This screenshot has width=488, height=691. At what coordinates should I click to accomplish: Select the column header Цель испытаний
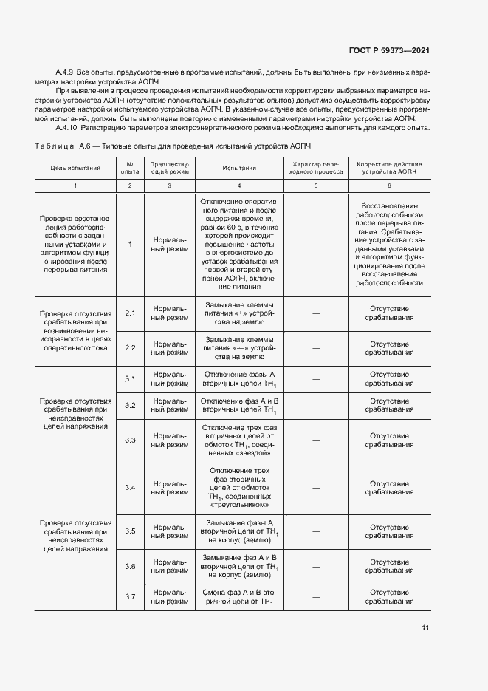75,168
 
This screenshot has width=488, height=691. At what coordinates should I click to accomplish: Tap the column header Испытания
239,168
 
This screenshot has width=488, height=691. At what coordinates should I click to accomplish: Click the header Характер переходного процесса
315,168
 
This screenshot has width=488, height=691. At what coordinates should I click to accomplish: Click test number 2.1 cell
130,313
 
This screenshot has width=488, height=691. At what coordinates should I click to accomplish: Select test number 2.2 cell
130,347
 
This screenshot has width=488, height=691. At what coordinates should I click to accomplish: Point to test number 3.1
130,378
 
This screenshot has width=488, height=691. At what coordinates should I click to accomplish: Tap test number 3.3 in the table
130,440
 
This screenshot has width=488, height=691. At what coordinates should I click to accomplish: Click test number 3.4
130,487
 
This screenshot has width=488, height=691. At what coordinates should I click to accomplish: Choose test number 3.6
130,565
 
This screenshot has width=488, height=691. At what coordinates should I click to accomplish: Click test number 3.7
130,596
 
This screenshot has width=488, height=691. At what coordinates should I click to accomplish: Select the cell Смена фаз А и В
239,597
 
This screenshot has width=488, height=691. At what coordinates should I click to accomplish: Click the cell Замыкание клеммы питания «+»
239,313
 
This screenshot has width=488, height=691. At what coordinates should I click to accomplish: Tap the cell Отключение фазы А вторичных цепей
239,379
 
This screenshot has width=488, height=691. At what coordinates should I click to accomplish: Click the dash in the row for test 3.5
315,531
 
